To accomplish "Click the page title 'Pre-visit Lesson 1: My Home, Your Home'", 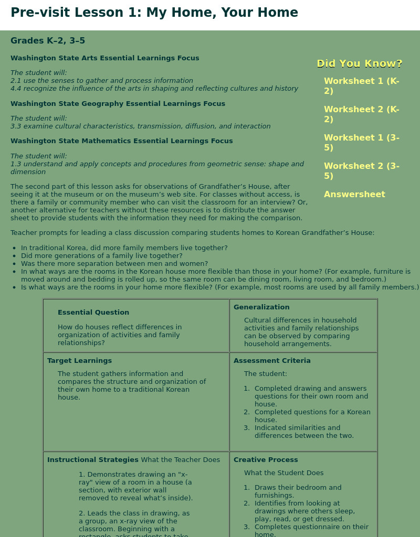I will pyautogui.click(x=154, y=13).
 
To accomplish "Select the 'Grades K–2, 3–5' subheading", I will pyautogui.click(x=48, y=41).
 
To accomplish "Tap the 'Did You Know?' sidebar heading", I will pyautogui.click(x=360, y=63).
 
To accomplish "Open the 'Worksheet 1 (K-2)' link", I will pyautogui.click(x=361, y=86).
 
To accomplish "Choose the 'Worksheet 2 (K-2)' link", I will pyautogui.click(x=361, y=114).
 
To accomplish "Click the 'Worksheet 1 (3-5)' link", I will pyautogui.click(x=361, y=143).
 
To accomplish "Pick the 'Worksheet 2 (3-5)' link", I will pyautogui.click(x=361, y=171).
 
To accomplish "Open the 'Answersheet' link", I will pyautogui.click(x=354, y=195).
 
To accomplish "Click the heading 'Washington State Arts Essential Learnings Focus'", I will pyautogui.click(x=104, y=58).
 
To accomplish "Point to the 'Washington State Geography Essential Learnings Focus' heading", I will pyautogui.click(x=118, y=104).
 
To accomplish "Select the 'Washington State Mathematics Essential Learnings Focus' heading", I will pyautogui.click(x=121, y=141).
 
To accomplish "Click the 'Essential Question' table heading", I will pyautogui.click(x=93, y=313).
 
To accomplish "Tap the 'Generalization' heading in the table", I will pyautogui.click(x=261, y=307).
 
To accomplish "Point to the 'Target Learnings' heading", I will pyautogui.click(x=79, y=361).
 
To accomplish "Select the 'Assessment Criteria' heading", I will pyautogui.click(x=272, y=361).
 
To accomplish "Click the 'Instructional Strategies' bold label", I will pyautogui.click(x=93, y=460).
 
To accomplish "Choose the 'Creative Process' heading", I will pyautogui.click(x=266, y=460).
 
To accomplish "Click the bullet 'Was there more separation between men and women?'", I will pyautogui.click(x=114, y=264).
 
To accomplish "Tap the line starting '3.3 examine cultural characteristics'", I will pyautogui.click(x=140, y=126).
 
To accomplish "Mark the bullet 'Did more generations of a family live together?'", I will pyautogui.click(x=102, y=256).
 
